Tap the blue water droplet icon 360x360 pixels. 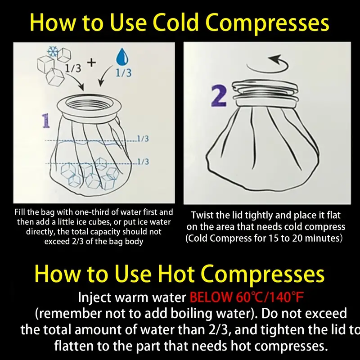(x=121, y=58)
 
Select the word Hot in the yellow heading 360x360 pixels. (x=174, y=274)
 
